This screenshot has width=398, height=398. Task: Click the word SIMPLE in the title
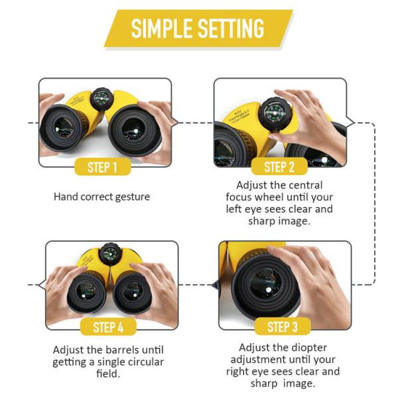(x=161, y=29)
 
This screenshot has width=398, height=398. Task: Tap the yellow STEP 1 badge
(x=105, y=166)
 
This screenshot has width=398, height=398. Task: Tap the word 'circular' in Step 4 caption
(x=142, y=362)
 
